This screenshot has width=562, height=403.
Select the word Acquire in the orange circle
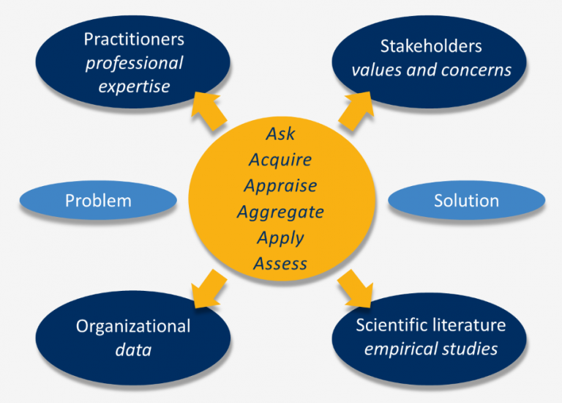280,160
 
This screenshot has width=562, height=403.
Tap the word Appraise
280,186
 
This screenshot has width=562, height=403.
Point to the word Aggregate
280,212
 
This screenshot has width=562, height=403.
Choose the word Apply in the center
280,238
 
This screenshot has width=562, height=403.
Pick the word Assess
280,264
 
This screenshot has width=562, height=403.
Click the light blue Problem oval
98,201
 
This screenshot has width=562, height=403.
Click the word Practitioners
134,39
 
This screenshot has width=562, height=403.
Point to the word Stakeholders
431,46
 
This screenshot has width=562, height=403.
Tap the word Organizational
133,327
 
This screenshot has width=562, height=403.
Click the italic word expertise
134,86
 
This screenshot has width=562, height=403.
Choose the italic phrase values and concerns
431,70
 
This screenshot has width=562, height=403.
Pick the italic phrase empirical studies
431,348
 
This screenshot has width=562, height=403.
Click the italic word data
133,350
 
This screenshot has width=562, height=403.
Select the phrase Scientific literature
431,325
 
